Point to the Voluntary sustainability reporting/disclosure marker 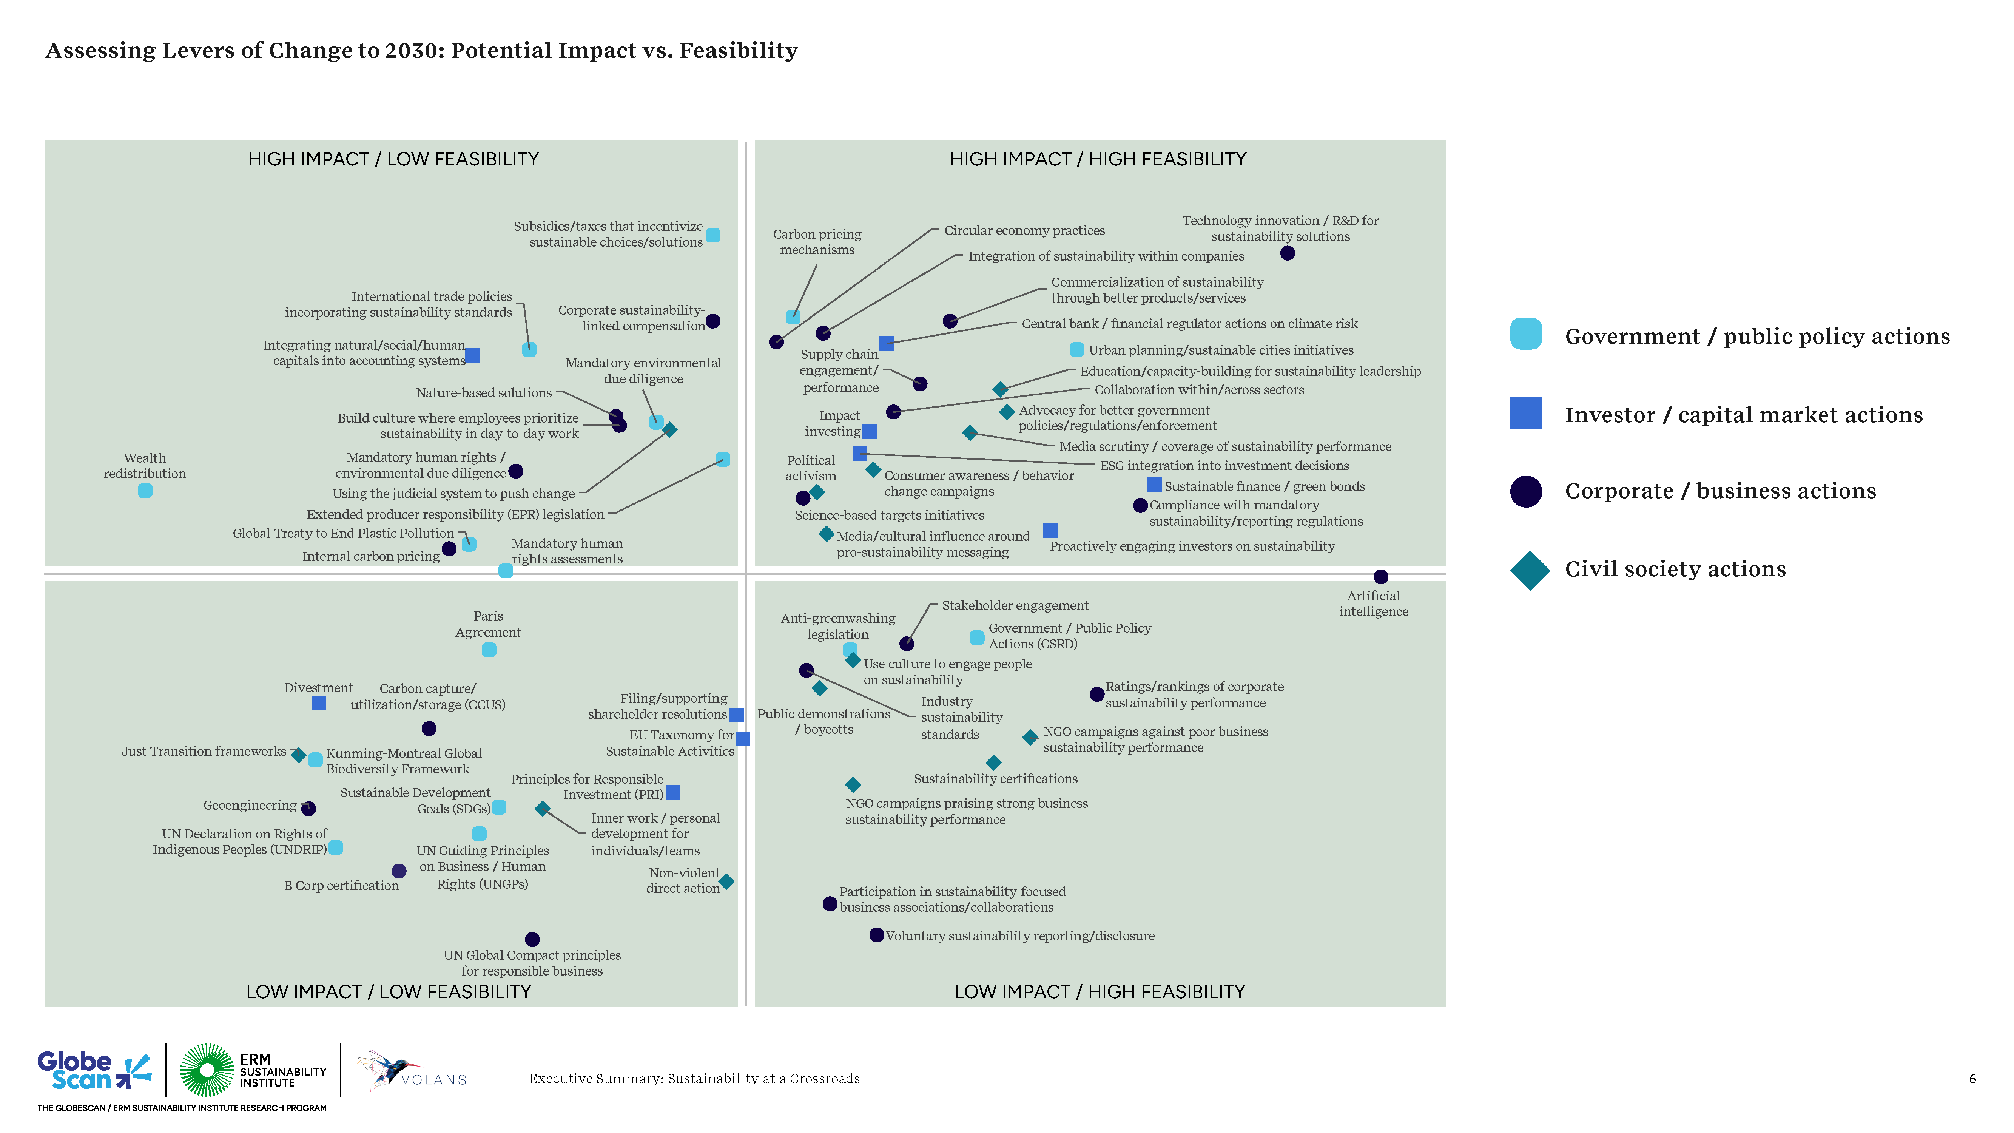[x=876, y=935]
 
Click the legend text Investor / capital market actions [x=1744, y=415]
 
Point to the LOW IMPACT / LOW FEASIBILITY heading [x=389, y=991]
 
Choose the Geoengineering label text [x=250, y=806]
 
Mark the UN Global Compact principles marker [x=532, y=939]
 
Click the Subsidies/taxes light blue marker [x=713, y=235]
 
